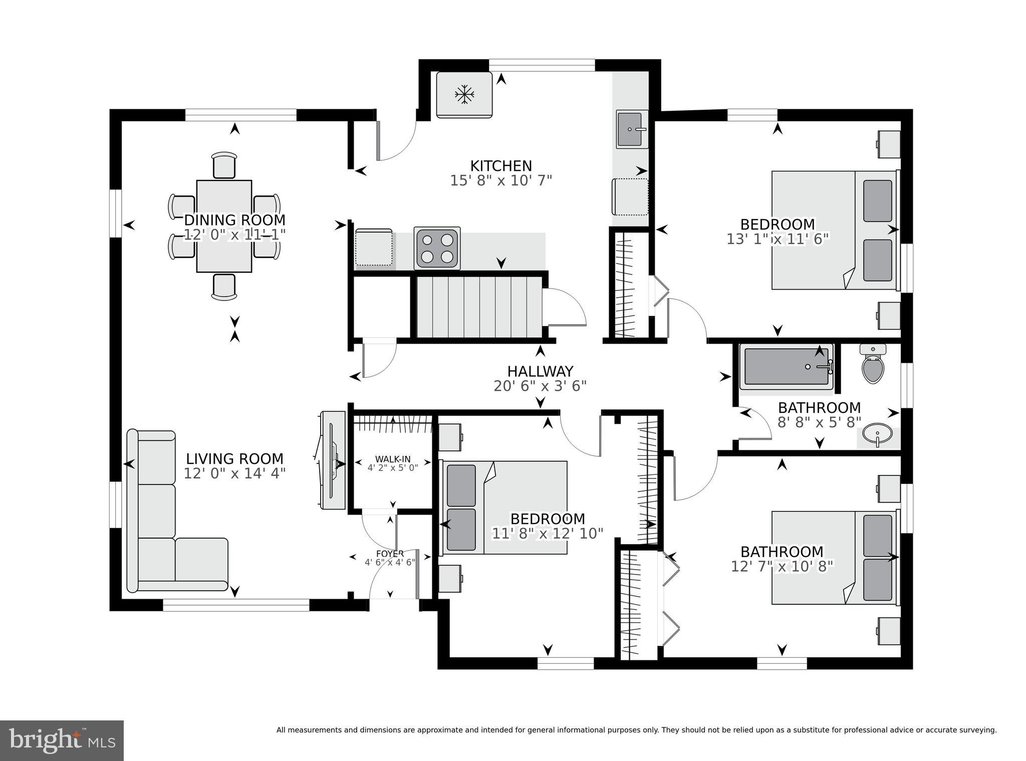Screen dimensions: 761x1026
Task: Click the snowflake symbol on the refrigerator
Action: (x=464, y=95)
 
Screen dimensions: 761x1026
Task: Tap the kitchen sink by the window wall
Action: (x=631, y=129)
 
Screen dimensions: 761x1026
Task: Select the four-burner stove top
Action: (x=437, y=248)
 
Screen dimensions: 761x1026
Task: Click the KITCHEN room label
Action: (x=500, y=166)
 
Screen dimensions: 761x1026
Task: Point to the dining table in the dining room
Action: (x=224, y=226)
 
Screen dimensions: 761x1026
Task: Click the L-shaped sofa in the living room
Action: (x=156, y=516)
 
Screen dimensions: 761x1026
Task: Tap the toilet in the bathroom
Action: (x=873, y=365)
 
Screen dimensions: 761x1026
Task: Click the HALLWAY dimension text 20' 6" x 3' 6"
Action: (x=540, y=386)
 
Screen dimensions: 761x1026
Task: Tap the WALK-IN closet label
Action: (x=393, y=459)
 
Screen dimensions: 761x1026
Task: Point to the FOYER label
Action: (x=390, y=554)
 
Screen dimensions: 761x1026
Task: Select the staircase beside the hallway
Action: (x=479, y=307)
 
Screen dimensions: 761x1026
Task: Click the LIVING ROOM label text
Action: (x=234, y=459)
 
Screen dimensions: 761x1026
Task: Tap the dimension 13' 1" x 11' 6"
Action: (x=778, y=239)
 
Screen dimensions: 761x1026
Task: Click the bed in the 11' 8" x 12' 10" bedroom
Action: (x=503, y=508)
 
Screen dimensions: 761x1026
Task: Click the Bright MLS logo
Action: (x=62, y=741)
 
